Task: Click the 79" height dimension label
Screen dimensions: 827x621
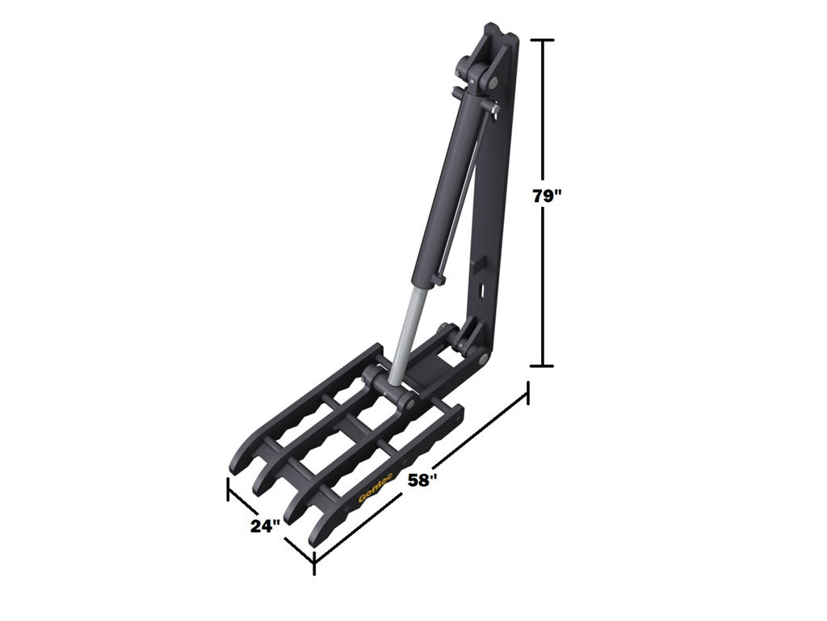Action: [x=547, y=196]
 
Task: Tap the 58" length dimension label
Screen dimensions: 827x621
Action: [x=423, y=480]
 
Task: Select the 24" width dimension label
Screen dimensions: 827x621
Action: [x=265, y=526]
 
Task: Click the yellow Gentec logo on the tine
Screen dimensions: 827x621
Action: [x=376, y=490]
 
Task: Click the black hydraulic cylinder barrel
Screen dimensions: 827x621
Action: [x=449, y=189]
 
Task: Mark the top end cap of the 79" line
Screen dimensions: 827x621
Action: [x=542, y=40]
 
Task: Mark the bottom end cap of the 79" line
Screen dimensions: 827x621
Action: [x=542, y=365]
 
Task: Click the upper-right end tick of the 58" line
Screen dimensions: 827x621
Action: [x=527, y=392]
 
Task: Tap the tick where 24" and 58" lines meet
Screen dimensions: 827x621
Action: [x=314, y=563]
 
